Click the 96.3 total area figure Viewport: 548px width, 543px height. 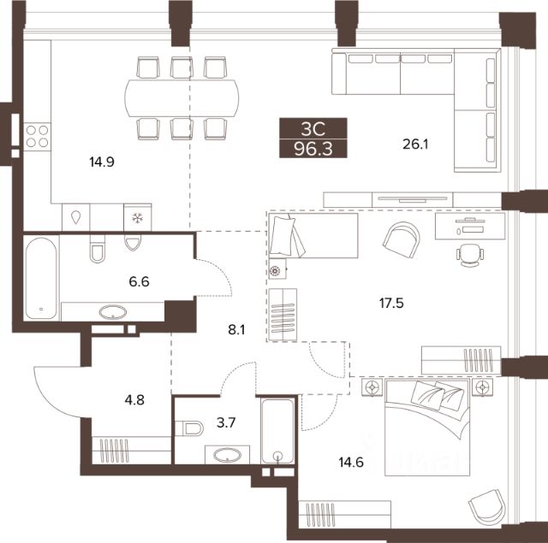click(x=313, y=149)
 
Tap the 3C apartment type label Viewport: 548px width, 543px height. click(x=313, y=129)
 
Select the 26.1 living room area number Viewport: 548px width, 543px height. click(x=415, y=144)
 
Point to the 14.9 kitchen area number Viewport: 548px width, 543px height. click(x=102, y=162)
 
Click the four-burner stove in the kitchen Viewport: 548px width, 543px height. click(x=38, y=137)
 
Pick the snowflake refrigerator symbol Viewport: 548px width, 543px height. click(x=138, y=218)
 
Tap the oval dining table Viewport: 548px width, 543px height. click(x=182, y=98)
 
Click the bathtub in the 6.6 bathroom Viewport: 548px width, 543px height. click(x=41, y=278)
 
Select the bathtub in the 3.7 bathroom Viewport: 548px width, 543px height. click(x=277, y=431)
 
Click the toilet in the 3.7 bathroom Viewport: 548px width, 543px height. click(x=190, y=428)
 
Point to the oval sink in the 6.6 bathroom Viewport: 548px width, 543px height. click(x=113, y=312)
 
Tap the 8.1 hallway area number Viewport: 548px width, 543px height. click(x=236, y=329)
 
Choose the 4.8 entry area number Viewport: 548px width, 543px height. click(x=134, y=400)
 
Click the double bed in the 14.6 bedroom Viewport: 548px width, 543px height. click(x=427, y=428)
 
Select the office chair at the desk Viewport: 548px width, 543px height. click(x=470, y=255)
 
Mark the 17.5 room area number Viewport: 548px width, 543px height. click(x=391, y=304)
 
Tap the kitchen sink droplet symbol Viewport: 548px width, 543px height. click(x=76, y=218)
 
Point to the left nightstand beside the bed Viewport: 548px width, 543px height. click(x=372, y=387)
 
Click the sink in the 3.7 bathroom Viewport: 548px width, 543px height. click(x=227, y=455)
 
